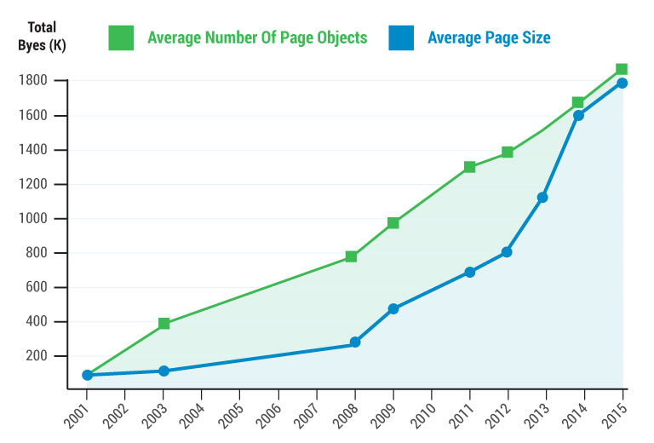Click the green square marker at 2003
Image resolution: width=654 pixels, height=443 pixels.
pyautogui.click(x=163, y=324)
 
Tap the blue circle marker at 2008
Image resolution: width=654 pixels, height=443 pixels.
pyautogui.click(x=355, y=342)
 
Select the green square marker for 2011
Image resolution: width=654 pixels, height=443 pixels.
pyautogui.click(x=469, y=167)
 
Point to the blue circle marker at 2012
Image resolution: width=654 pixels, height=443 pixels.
pyautogui.click(x=507, y=252)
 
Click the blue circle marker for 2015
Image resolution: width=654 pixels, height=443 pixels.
pyautogui.click(x=622, y=83)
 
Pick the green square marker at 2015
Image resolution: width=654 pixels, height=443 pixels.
pyautogui.click(x=622, y=69)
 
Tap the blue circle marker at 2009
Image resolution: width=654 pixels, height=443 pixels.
pyautogui.click(x=393, y=308)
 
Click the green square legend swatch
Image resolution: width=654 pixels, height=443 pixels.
pyautogui.click(x=121, y=37)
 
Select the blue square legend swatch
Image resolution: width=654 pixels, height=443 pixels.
pyautogui.click(x=401, y=37)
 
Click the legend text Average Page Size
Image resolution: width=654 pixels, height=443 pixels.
pyautogui.click(x=489, y=37)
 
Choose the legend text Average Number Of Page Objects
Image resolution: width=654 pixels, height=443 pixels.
pyautogui.click(x=257, y=37)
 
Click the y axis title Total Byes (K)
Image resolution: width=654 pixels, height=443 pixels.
pyautogui.click(x=40, y=36)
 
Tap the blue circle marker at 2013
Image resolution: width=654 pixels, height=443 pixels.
pyautogui.click(x=542, y=198)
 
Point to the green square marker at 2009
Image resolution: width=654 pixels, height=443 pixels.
pyautogui.click(x=393, y=223)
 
